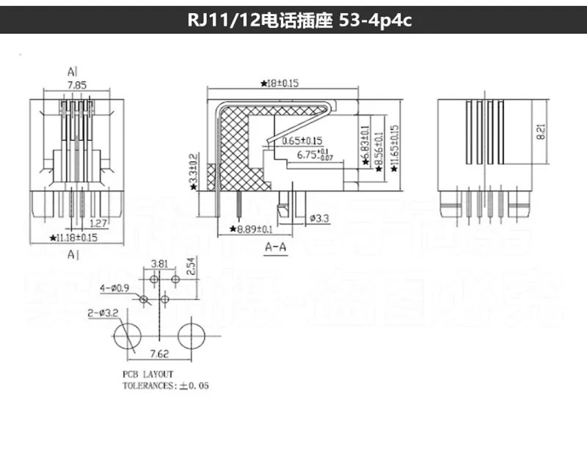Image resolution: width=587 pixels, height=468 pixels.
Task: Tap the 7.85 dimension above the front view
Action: (76, 85)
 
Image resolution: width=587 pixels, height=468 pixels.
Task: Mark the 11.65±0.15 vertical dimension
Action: (396, 147)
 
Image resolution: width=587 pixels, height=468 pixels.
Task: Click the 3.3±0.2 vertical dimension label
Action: (193, 169)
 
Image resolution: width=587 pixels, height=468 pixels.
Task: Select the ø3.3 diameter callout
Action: (318, 218)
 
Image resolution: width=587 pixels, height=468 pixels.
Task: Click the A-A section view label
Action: (274, 247)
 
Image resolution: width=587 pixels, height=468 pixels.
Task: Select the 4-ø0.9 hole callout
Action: (115, 288)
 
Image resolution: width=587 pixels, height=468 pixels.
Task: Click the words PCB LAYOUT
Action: (147, 374)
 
